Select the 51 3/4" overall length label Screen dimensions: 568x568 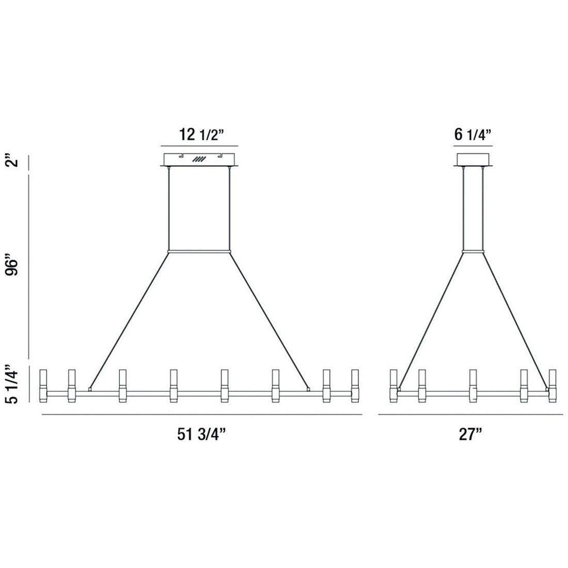[202, 434]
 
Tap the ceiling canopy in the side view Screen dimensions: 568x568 [473, 160]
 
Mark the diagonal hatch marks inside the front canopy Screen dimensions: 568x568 [199, 160]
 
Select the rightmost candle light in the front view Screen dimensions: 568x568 [354, 385]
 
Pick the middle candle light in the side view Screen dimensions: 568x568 [473, 385]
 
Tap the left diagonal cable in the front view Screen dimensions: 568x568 [129, 320]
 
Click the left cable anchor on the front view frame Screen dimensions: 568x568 [90, 389]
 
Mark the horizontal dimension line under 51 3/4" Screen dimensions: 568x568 [201, 415]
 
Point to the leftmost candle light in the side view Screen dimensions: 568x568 [393, 385]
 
